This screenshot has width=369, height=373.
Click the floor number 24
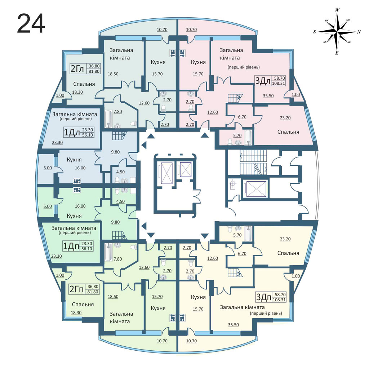[x=31, y=23]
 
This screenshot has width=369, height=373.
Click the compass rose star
[x=337, y=32]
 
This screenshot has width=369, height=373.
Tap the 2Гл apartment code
[x=77, y=69]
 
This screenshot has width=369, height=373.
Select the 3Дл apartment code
[x=262, y=81]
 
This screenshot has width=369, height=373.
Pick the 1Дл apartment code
[x=72, y=133]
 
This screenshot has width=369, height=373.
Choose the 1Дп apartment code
[x=71, y=246]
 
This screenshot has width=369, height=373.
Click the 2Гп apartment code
[x=77, y=289]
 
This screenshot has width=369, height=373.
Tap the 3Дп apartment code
[x=264, y=297]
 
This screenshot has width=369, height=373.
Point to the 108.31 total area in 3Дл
[x=279, y=84]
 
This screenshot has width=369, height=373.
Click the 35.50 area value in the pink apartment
[x=268, y=96]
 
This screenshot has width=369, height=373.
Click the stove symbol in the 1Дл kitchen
[x=77, y=181]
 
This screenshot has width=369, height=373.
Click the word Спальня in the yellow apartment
[x=288, y=253]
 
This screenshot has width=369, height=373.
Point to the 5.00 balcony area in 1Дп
[x=48, y=206]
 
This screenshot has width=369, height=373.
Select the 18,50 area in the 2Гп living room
[x=113, y=297]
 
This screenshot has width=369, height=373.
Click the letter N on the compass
[x=359, y=32]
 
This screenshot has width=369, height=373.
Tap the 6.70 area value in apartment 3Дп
[x=242, y=254]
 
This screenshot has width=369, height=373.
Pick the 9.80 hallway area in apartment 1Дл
[x=115, y=152]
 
